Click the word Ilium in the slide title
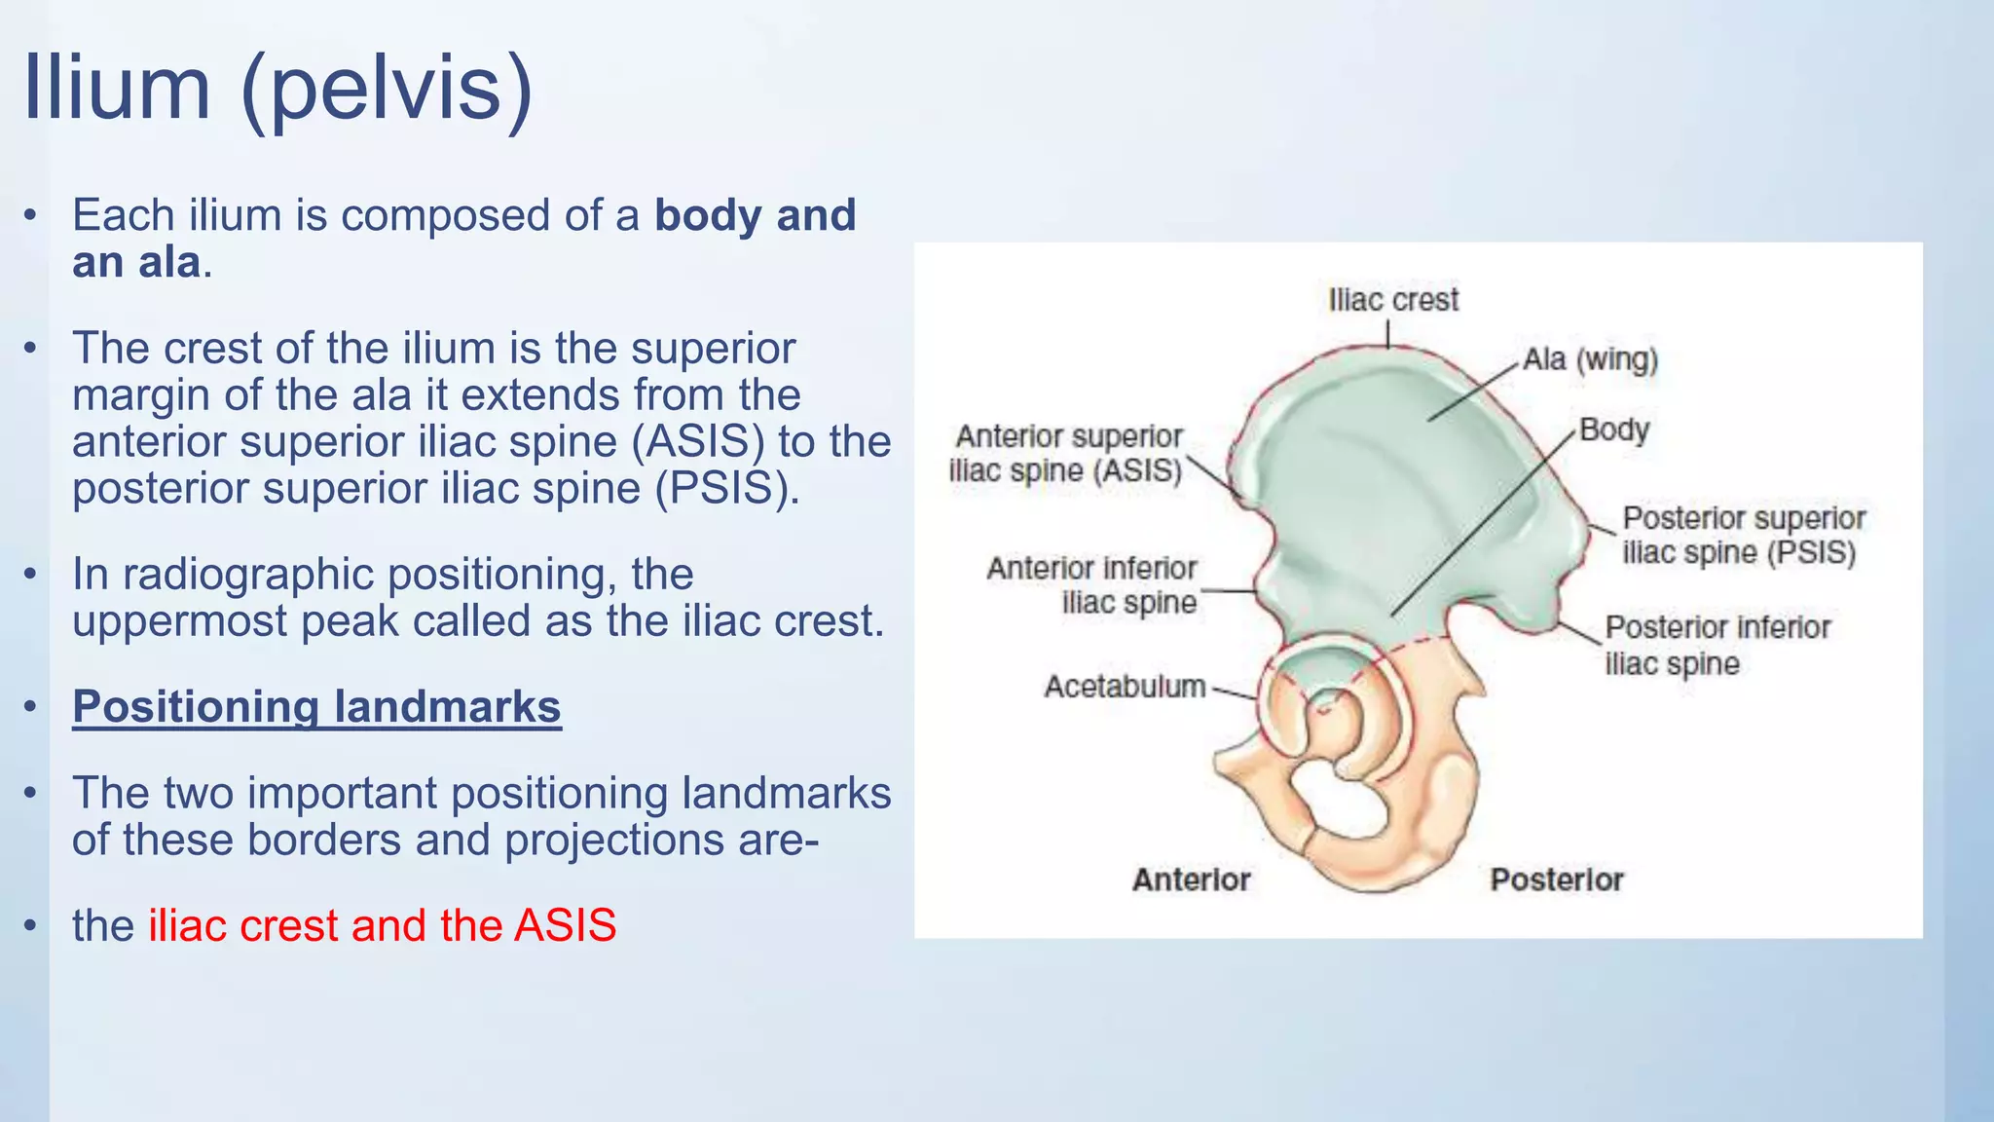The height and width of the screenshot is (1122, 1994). (x=117, y=88)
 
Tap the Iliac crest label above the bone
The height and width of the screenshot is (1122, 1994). (x=1393, y=300)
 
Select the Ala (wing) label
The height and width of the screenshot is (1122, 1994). (x=1590, y=359)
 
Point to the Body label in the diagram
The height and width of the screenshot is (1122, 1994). (x=1613, y=430)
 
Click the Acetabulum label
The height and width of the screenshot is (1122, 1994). (x=1125, y=687)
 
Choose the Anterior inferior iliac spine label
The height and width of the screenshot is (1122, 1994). (x=1091, y=585)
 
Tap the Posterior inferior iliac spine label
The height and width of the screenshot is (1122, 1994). (x=1717, y=645)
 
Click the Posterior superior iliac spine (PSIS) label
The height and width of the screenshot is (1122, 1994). (x=1743, y=535)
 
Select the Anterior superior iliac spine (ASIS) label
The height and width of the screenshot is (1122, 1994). (x=1067, y=454)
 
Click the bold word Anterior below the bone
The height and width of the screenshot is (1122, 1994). (x=1191, y=879)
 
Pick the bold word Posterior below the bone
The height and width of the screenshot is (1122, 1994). (x=1556, y=879)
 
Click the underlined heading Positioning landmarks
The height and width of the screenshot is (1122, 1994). (x=316, y=707)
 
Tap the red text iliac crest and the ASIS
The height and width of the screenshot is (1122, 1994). (x=382, y=925)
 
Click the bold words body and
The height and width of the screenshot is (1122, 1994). (x=755, y=215)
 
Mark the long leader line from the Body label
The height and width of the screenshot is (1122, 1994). (x=1480, y=526)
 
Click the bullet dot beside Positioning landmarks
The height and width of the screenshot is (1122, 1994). (x=31, y=707)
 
